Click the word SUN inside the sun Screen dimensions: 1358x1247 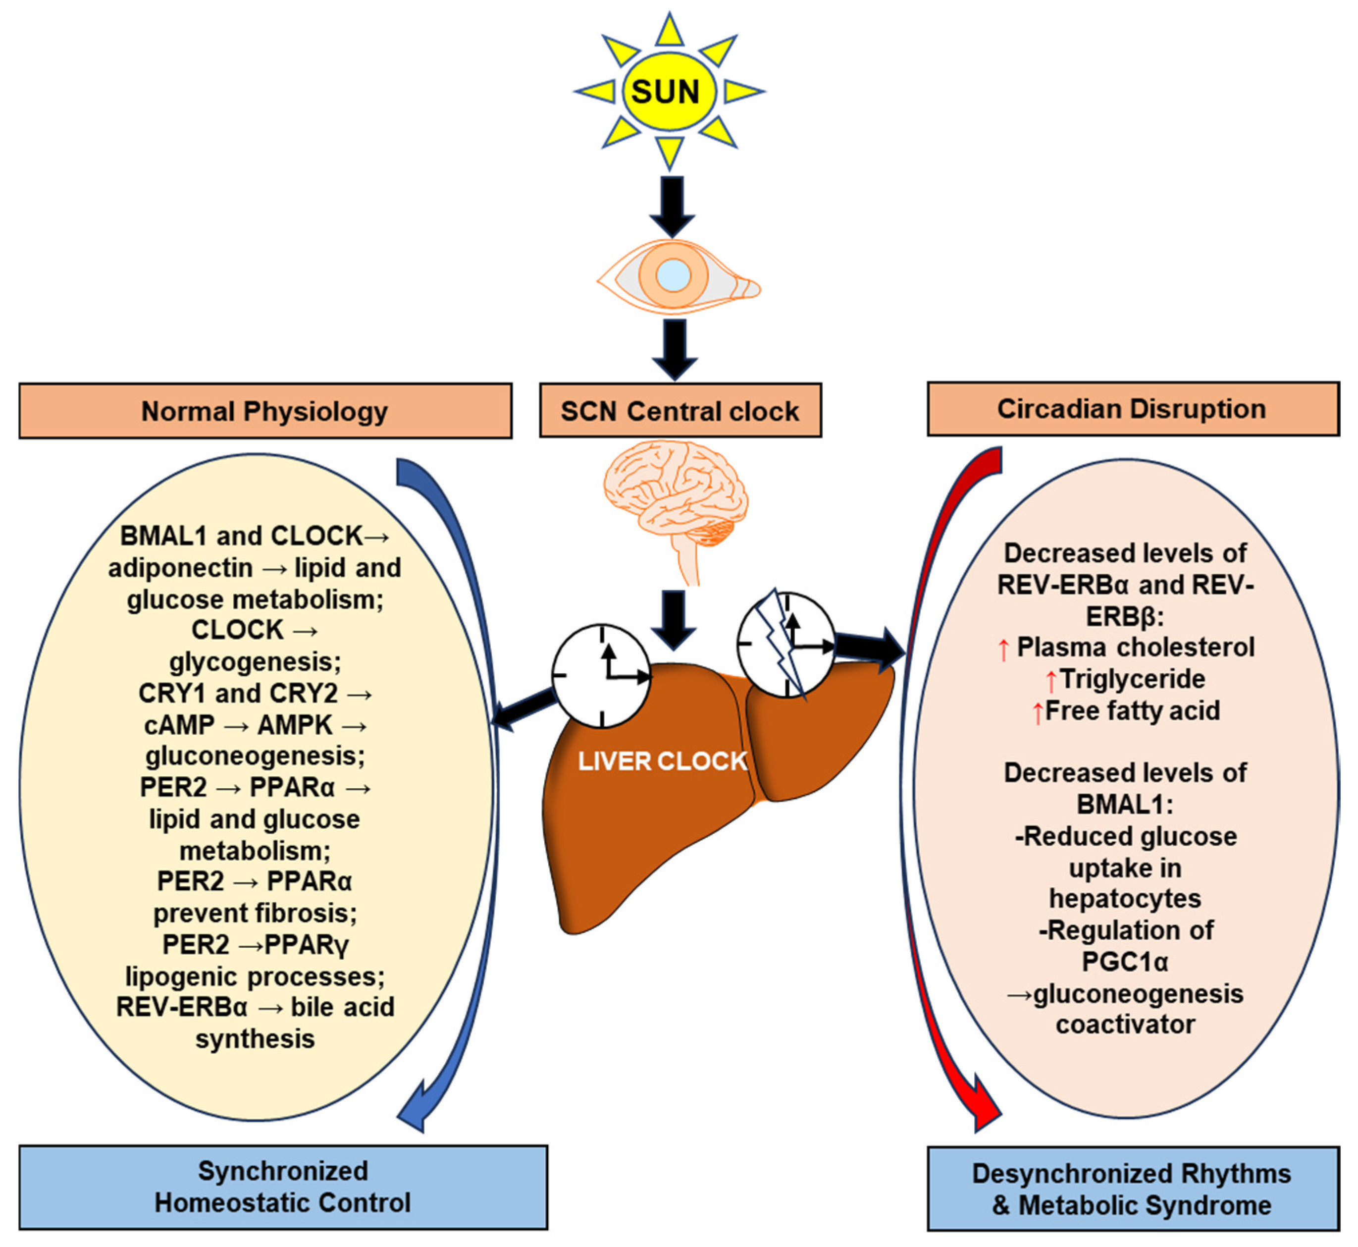point(665,92)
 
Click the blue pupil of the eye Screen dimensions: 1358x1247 point(673,275)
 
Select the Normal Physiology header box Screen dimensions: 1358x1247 point(265,411)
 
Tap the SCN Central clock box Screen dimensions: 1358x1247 point(680,411)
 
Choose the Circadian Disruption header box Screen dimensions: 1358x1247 point(1133,409)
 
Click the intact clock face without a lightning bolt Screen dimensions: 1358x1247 point(600,675)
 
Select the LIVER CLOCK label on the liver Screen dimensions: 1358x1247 point(663,761)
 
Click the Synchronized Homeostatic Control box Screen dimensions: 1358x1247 point(283,1187)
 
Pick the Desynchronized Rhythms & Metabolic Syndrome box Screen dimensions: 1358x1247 point(1133,1190)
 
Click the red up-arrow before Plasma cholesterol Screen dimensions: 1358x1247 point(1003,649)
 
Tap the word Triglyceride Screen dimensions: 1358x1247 point(1133,679)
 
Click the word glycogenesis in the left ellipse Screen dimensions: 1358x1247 point(255,661)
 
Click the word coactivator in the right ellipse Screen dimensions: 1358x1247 point(1125,1025)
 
